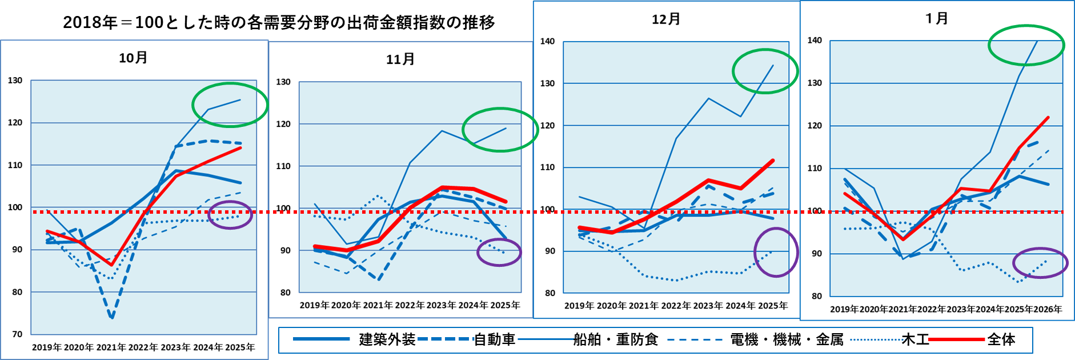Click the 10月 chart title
133,58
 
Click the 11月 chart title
400,59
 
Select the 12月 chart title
666,19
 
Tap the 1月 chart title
937,18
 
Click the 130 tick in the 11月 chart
283,82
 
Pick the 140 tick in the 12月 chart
547,41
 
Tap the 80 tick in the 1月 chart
817,296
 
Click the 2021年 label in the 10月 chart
111,347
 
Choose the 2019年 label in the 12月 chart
579,306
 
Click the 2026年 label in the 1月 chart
1048,309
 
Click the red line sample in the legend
957,339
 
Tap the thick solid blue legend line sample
321,339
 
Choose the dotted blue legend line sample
877,339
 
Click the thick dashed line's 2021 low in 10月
112,317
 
